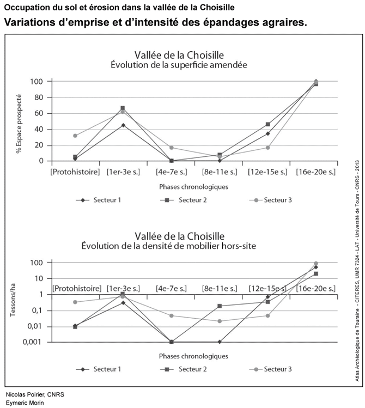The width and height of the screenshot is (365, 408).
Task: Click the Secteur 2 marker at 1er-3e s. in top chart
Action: click(x=123, y=108)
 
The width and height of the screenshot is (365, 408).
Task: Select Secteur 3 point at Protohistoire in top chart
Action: click(x=75, y=136)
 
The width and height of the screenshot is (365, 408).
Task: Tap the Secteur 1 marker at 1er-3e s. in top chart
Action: click(x=123, y=125)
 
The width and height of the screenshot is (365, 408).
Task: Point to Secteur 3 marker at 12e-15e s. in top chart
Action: click(x=268, y=148)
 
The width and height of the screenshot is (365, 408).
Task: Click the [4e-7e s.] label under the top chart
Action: click(x=171, y=172)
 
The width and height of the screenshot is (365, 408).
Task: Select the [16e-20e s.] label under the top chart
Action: click(x=316, y=172)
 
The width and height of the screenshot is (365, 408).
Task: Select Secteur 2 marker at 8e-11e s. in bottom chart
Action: click(x=220, y=306)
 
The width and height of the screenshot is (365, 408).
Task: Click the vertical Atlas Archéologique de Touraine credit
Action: click(x=356, y=272)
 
